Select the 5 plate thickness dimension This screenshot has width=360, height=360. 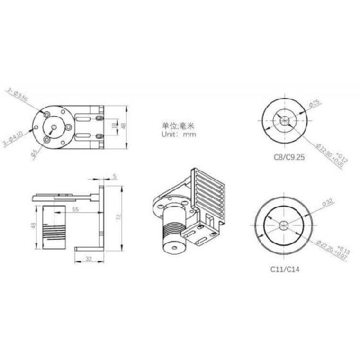114,175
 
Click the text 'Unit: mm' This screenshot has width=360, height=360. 179,135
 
